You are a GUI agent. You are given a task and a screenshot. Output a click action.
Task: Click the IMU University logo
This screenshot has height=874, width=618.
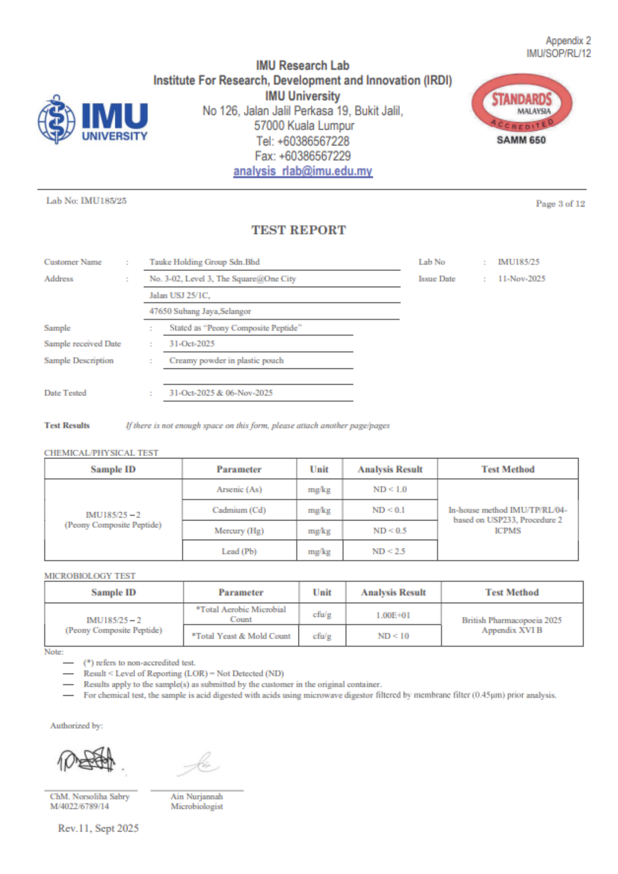coord(93,119)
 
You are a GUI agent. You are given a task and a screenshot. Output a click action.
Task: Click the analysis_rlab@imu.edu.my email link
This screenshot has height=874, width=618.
coord(302,171)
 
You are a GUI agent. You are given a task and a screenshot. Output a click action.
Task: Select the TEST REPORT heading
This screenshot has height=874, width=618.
coord(299,230)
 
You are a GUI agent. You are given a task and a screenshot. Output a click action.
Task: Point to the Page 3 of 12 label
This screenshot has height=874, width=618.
coord(560,204)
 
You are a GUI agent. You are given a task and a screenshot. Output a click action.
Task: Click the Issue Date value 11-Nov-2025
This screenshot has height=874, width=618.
coord(521,279)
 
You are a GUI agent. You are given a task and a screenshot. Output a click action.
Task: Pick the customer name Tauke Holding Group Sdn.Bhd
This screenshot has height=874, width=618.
coord(204,262)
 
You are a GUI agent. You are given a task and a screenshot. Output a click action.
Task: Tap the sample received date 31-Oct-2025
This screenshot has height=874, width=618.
coord(192,344)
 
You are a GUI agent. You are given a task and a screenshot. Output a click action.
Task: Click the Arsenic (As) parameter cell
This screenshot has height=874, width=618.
coord(239,489)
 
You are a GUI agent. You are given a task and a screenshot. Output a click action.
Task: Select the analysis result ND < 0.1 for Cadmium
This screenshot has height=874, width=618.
coord(389,510)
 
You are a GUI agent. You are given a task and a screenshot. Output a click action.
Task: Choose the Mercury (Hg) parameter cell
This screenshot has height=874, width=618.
coord(239,531)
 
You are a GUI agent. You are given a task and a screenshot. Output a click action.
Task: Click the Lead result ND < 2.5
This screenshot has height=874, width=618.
coord(389,551)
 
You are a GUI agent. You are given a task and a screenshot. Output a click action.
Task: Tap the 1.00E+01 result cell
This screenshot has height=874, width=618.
coord(393,615)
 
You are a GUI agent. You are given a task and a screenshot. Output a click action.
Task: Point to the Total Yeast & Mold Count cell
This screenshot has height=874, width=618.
coord(241,636)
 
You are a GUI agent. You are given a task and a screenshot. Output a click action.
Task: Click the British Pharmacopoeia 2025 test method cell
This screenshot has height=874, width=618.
coord(512,625)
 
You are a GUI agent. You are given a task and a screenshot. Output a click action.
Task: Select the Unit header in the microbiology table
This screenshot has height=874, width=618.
coord(322,593)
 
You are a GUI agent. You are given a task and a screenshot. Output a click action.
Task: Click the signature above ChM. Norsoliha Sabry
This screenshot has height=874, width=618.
coord(87,760)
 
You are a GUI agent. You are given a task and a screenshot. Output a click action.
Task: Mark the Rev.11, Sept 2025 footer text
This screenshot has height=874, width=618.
coord(98,829)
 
